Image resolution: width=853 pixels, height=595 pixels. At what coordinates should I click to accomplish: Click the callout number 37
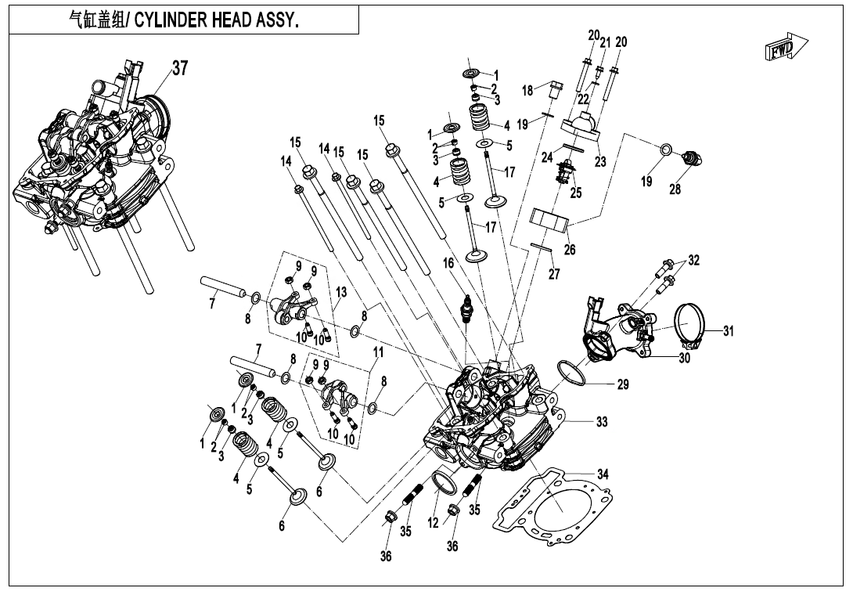coord(180,69)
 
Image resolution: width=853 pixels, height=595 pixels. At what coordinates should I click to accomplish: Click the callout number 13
coord(340,292)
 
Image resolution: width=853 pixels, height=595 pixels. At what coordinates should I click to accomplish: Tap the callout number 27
coord(555,274)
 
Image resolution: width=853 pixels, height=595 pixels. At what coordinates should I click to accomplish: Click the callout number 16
coord(448,265)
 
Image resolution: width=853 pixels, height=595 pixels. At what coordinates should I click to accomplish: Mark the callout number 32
coord(694,260)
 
